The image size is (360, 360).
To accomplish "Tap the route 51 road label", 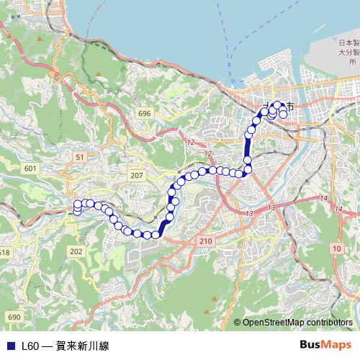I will point(80,156).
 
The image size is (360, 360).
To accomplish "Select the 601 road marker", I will point(30,168).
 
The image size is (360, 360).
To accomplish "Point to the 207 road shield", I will point(138,176).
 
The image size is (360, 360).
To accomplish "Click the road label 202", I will point(77,251).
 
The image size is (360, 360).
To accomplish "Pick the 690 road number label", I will point(13,317).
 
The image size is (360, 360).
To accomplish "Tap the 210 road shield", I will point(207,240).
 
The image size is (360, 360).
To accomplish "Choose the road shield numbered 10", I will point(337,248).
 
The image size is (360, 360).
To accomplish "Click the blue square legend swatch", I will point(10,346).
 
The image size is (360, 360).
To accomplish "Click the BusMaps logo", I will point(325,345).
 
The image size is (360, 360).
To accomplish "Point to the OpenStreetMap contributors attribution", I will point(297,323).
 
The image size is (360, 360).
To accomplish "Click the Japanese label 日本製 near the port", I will point(349,42).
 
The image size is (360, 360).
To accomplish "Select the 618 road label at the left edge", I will point(4,252).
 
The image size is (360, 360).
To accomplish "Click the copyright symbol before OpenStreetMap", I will point(238,323).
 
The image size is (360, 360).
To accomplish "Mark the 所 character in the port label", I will point(353,63).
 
